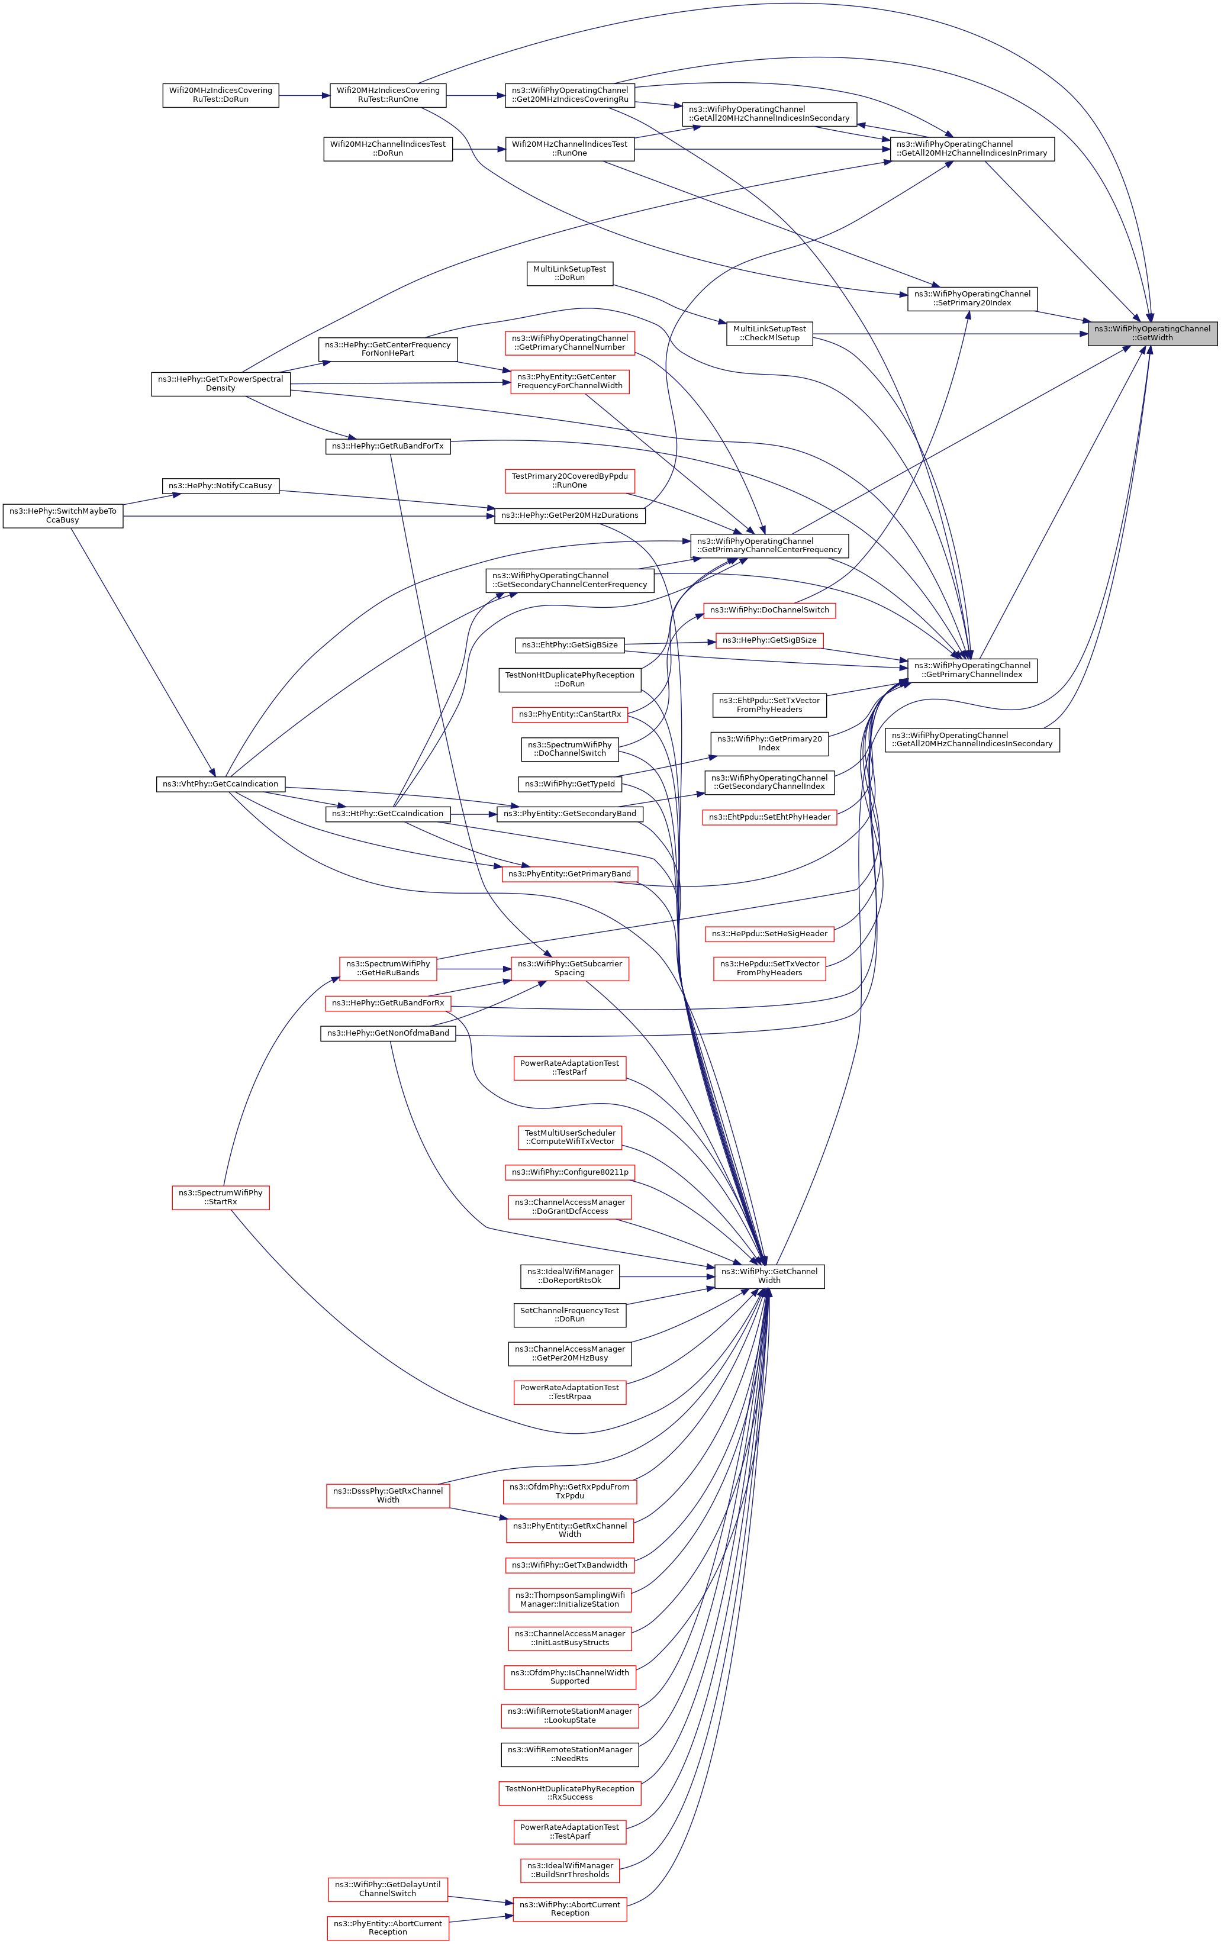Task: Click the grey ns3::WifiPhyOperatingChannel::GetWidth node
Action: coord(1152,333)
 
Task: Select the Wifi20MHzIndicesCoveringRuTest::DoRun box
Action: coord(220,95)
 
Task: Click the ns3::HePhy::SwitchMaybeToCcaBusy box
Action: coord(63,515)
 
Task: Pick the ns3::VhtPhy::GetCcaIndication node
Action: coord(220,784)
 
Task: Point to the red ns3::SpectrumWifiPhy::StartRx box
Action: coord(220,1197)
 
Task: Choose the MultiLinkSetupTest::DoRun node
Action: coord(569,273)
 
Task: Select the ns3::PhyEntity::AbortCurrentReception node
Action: coord(388,1928)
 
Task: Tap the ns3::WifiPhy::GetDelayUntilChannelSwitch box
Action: coord(388,1889)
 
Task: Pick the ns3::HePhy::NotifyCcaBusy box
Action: coord(220,486)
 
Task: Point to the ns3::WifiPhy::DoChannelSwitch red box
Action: coord(769,610)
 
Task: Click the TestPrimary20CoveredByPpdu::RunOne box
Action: coord(569,481)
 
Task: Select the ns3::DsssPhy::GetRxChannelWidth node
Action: coord(388,1495)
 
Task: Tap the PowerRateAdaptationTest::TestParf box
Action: coord(569,1067)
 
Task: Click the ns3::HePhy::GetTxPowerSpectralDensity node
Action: coord(220,383)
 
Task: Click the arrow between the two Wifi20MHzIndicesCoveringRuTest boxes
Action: coord(304,95)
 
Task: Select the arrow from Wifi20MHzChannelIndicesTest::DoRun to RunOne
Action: coord(479,149)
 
